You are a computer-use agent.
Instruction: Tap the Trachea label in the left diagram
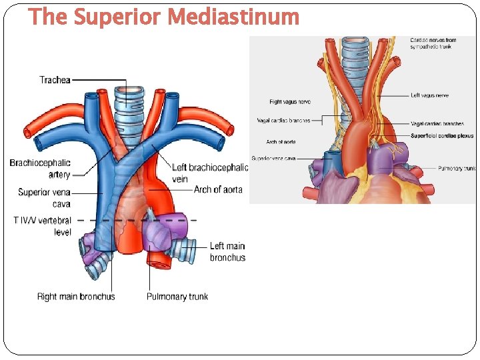point(55,80)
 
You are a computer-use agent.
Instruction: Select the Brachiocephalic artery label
point(40,169)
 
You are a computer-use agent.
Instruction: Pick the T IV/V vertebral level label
point(42,226)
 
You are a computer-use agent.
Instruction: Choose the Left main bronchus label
point(227,252)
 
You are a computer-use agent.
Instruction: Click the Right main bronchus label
point(76,297)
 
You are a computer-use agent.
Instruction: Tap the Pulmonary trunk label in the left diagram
point(177,297)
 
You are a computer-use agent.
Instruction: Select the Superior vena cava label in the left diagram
point(44,198)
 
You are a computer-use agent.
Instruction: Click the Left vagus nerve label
point(429,95)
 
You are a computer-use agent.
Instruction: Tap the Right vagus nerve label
point(289,102)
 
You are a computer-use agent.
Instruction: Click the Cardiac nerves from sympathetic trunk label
point(433,45)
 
